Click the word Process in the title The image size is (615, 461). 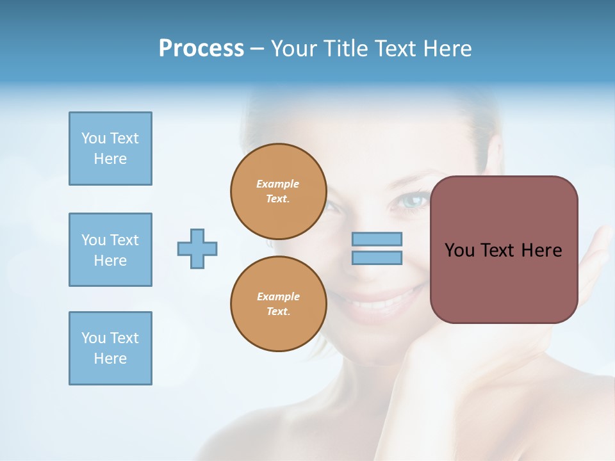pyautogui.click(x=201, y=49)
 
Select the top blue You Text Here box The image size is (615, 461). pyautogui.click(x=110, y=149)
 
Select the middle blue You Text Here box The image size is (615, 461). pyautogui.click(x=110, y=250)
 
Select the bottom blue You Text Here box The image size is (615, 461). pyautogui.click(x=110, y=348)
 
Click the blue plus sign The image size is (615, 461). pyautogui.click(x=197, y=248)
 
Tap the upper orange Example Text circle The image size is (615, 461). pyautogui.click(x=278, y=191)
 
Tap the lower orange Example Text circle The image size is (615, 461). pyautogui.click(x=278, y=303)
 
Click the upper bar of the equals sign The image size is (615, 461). pyautogui.click(x=377, y=239)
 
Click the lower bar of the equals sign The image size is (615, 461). pyautogui.click(x=377, y=257)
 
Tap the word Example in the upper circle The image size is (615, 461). pyautogui.click(x=278, y=184)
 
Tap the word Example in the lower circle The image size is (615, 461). pyautogui.click(x=278, y=296)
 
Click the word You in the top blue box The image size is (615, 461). pyautogui.click(x=93, y=138)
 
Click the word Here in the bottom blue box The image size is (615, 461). pyautogui.click(x=110, y=359)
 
